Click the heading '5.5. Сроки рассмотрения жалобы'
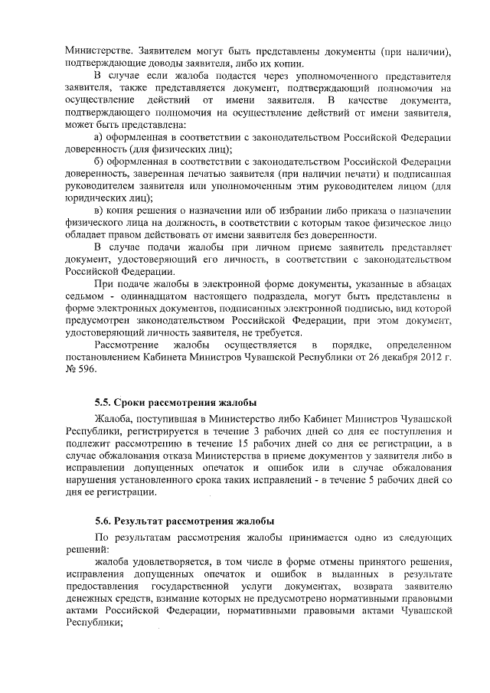coord(175,403)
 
